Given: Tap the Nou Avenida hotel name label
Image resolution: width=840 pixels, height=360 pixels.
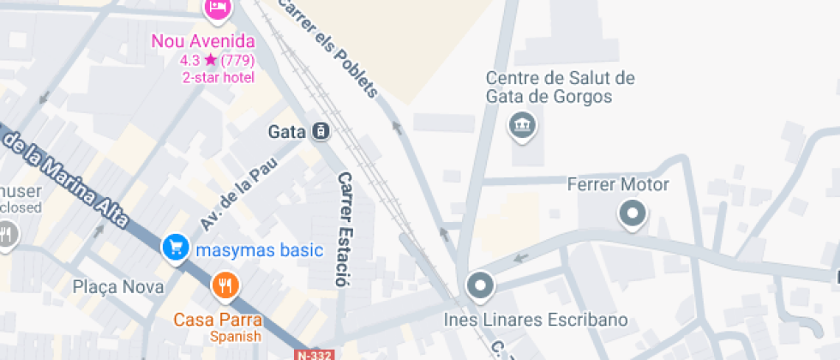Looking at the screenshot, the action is pyautogui.click(x=203, y=41).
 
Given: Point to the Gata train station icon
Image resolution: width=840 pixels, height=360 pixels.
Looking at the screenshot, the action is pyautogui.click(x=321, y=132).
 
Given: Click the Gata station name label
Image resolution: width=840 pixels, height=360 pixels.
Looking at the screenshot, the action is pyautogui.click(x=287, y=132).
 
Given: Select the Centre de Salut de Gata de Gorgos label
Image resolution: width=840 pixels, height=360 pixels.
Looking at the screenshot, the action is pyautogui.click(x=561, y=87).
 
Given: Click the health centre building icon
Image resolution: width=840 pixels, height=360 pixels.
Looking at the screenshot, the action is pyautogui.click(x=521, y=126).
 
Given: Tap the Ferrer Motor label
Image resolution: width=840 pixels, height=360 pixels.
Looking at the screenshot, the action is pyautogui.click(x=618, y=184).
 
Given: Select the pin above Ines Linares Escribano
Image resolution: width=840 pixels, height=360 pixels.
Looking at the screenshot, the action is pyautogui.click(x=481, y=286).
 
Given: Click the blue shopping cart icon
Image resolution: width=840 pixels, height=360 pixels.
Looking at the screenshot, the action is pyautogui.click(x=176, y=249).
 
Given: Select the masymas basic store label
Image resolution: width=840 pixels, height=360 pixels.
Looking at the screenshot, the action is pyautogui.click(x=259, y=250).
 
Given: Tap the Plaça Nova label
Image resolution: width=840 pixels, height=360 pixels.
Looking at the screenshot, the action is pyautogui.click(x=118, y=287).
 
